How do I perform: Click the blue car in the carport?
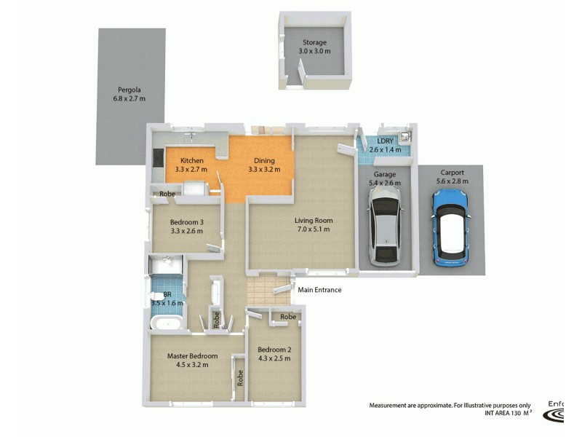click(x=451, y=228)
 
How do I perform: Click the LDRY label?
click(x=385, y=141)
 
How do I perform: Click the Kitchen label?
click(x=191, y=160)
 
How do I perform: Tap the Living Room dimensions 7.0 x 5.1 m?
click(x=313, y=229)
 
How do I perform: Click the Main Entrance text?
click(x=319, y=290)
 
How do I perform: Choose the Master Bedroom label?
click(x=192, y=356)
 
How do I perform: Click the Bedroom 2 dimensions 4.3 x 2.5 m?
click(x=274, y=358)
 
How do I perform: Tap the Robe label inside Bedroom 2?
click(x=289, y=317)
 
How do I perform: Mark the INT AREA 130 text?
click(x=502, y=413)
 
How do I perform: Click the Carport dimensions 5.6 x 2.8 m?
click(x=451, y=181)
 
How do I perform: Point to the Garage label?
click(x=384, y=175)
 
